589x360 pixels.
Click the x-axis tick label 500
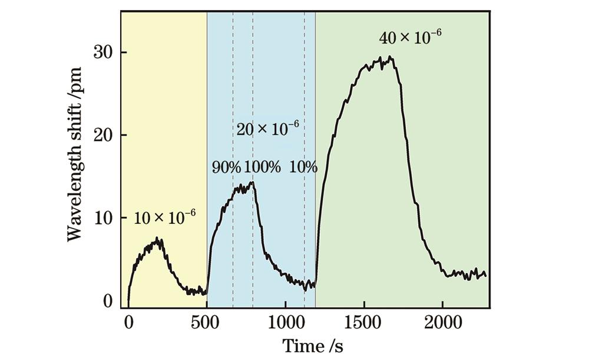(207, 323)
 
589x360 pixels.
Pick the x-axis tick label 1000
(285, 323)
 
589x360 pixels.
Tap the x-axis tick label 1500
(364, 323)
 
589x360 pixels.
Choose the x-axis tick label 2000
(442, 323)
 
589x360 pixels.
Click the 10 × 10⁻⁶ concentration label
(164, 218)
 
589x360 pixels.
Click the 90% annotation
(226, 167)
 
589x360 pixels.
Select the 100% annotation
(262, 167)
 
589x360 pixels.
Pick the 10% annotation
(303, 167)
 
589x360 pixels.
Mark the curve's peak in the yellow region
(157, 238)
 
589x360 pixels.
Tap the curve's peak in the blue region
(252, 183)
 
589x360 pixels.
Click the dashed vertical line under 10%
(305, 236)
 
